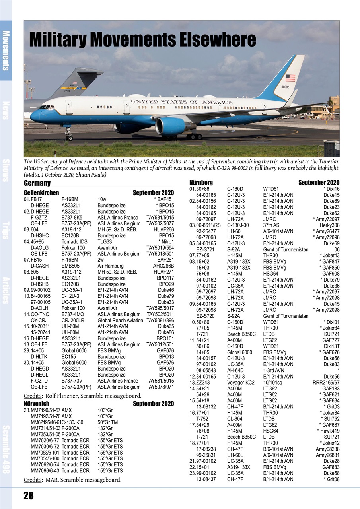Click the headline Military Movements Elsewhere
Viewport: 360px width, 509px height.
(142, 40)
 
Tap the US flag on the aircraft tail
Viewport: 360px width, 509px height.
(290, 78)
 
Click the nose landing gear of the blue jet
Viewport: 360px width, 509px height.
(69, 135)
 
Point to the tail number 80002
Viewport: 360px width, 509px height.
(285, 87)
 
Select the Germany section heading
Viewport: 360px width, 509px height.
(37, 183)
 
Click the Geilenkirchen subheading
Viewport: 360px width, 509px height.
(41, 193)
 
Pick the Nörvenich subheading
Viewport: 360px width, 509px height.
(37, 404)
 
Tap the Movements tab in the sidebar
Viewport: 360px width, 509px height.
(6, 50)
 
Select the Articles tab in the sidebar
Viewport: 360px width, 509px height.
(6, 290)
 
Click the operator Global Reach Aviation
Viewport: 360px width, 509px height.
(120, 320)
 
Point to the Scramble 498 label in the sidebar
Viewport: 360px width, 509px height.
(6, 449)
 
